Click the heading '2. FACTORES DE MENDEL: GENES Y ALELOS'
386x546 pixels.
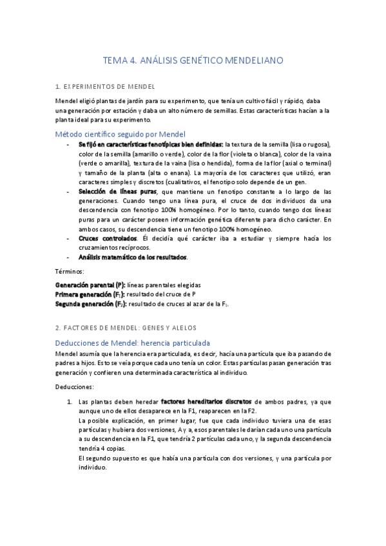pos(126,328)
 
